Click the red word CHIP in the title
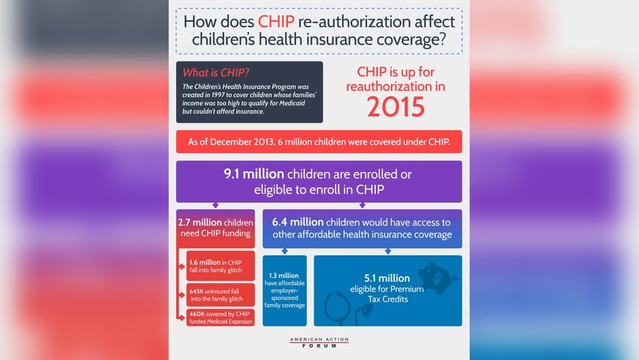[280, 21]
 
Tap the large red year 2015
[396, 106]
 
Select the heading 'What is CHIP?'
[216, 73]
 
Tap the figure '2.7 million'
[200, 223]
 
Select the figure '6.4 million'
[298, 223]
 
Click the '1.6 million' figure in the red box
[204, 262]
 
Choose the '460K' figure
[197, 314]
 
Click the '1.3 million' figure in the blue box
[284, 276]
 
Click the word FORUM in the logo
[319, 345]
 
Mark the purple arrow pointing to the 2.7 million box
[215, 205]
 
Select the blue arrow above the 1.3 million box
[284, 251]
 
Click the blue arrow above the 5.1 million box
[387, 251]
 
